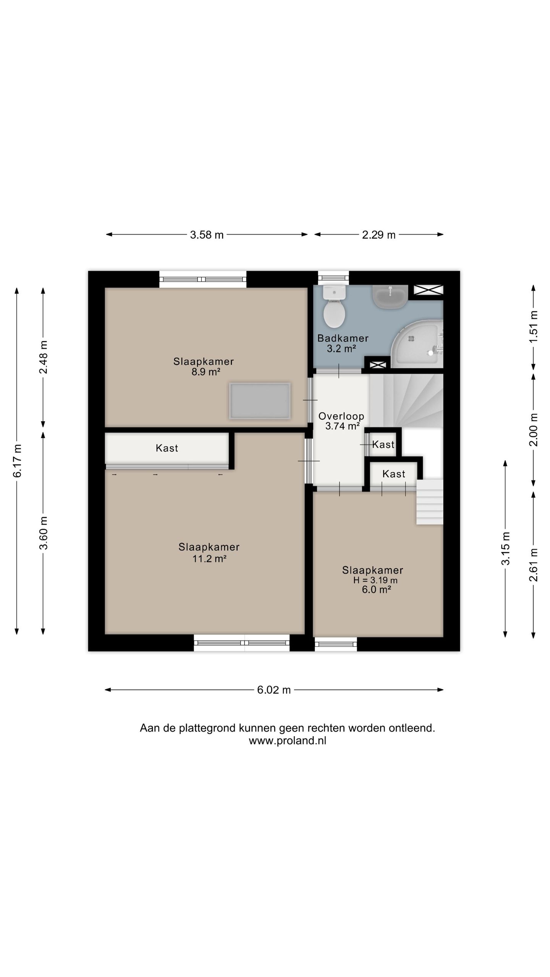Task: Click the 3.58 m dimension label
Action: [207, 235]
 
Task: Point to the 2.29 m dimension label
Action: [379, 235]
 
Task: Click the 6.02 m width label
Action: [274, 690]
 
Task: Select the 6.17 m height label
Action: [17, 461]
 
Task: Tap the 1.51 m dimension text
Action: [534, 327]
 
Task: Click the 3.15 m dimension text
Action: [505, 548]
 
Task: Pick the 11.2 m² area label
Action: [209, 559]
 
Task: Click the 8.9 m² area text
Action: [206, 372]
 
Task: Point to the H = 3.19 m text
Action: [375, 580]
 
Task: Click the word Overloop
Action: [341, 416]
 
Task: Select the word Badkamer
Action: [343, 338]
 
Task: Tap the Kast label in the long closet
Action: [167, 448]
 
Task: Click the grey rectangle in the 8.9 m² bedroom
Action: [260, 401]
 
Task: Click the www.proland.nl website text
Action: [288, 741]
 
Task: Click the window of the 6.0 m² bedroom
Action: [336, 645]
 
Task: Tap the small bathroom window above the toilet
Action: [333, 278]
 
